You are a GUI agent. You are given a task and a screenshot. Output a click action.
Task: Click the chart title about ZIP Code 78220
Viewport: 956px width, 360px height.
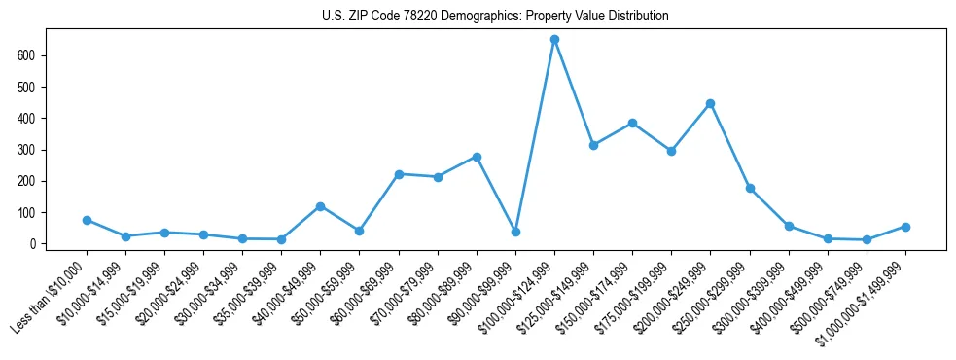pos(495,17)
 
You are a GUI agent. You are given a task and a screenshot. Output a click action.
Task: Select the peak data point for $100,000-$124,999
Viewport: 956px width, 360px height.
pos(554,40)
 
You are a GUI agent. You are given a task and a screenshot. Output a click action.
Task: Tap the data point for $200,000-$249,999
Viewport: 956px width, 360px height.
pos(710,103)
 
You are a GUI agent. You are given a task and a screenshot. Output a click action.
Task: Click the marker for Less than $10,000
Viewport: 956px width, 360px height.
pos(87,220)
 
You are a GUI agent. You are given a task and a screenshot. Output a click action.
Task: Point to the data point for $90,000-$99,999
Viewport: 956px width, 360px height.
pos(515,232)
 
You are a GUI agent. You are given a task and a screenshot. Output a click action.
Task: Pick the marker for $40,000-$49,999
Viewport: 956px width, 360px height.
pos(320,206)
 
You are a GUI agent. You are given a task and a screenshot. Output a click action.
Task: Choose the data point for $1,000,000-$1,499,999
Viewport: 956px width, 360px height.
pos(905,227)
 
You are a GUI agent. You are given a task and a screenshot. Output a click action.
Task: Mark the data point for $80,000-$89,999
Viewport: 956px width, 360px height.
pos(477,157)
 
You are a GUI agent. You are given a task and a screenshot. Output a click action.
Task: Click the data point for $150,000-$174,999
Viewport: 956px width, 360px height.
pos(632,123)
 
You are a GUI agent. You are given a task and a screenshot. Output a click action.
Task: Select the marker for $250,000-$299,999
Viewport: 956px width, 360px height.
pos(750,188)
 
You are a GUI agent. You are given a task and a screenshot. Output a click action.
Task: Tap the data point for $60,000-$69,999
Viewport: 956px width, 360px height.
pos(399,174)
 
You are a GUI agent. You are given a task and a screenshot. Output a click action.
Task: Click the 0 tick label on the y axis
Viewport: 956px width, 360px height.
pos(32,244)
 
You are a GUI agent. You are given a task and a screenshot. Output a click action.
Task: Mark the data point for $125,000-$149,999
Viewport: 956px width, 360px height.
pos(593,145)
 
